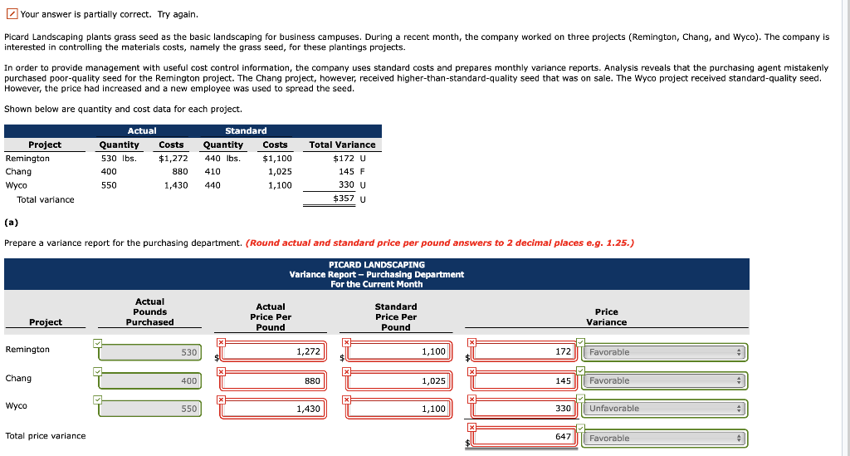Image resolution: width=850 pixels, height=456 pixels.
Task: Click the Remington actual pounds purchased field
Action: tap(150, 352)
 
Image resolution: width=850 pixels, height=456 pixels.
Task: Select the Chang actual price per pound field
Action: tap(275, 381)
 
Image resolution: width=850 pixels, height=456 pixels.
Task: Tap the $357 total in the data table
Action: tap(344, 199)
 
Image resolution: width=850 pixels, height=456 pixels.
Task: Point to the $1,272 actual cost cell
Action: tap(173, 158)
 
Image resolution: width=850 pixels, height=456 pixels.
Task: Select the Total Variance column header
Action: tap(342, 145)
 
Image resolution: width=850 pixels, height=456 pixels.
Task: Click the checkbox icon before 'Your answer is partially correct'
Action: tap(11, 14)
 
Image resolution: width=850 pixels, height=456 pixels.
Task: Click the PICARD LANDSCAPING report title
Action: tap(376, 264)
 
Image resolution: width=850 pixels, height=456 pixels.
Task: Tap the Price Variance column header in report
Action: tap(606, 316)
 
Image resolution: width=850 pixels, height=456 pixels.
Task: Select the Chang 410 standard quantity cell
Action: tap(212, 172)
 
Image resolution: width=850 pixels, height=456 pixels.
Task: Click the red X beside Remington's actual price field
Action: tap(222, 341)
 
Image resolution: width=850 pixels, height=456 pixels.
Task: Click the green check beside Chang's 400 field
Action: tap(98, 370)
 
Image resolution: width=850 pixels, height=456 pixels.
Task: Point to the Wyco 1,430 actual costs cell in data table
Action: tap(175, 185)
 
